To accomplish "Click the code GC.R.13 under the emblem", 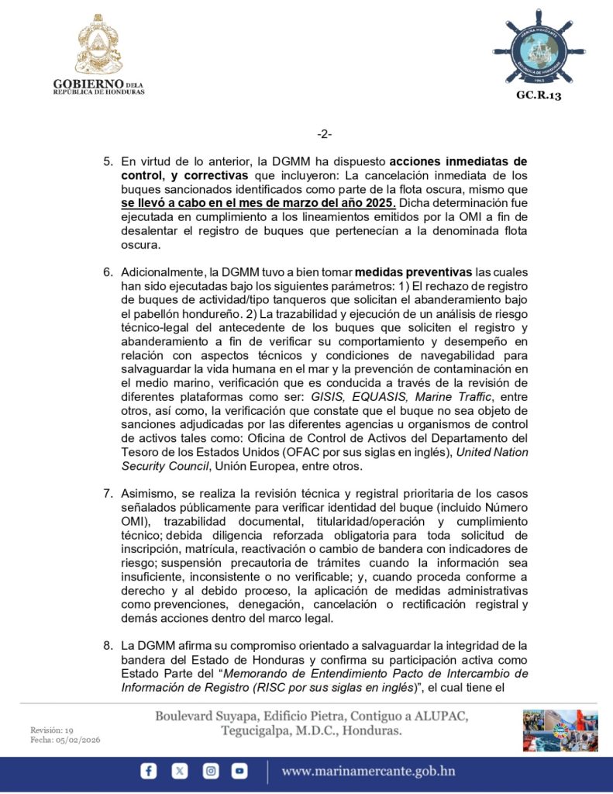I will click(538, 95).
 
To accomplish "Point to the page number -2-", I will click(324, 134).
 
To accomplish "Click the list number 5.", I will click(108, 162).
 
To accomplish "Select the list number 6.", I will click(108, 272).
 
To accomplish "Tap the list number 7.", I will click(108, 493).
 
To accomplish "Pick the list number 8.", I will click(108, 645).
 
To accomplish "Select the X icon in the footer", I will click(180, 771).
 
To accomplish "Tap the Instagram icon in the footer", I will click(210, 771).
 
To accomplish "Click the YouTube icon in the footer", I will click(240, 771).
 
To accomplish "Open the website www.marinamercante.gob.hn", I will click(368, 771).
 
